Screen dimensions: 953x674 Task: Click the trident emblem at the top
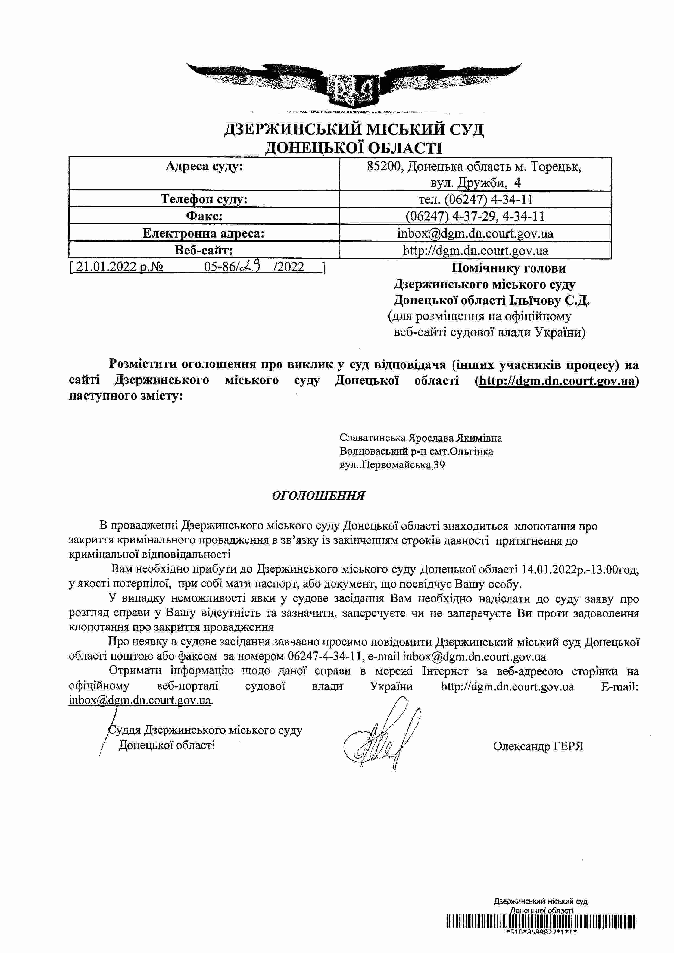coord(354,90)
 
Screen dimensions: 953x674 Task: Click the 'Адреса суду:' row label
coord(204,167)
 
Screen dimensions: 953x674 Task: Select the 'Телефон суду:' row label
coord(204,199)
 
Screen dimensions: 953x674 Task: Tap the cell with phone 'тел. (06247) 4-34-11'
coord(475,199)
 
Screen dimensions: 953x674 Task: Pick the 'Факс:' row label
coord(204,216)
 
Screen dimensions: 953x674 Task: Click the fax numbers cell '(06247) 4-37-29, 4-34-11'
coord(475,216)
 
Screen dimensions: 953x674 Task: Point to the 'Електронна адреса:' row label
coord(204,233)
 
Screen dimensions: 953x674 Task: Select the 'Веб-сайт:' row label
coord(204,250)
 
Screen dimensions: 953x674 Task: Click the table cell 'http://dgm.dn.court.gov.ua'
coord(475,250)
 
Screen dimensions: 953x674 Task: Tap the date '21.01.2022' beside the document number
coord(106,267)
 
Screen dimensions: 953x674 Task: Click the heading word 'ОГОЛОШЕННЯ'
coord(318,496)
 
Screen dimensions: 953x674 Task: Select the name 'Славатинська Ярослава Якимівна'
coord(420,438)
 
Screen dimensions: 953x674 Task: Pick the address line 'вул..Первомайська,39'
coord(392,465)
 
